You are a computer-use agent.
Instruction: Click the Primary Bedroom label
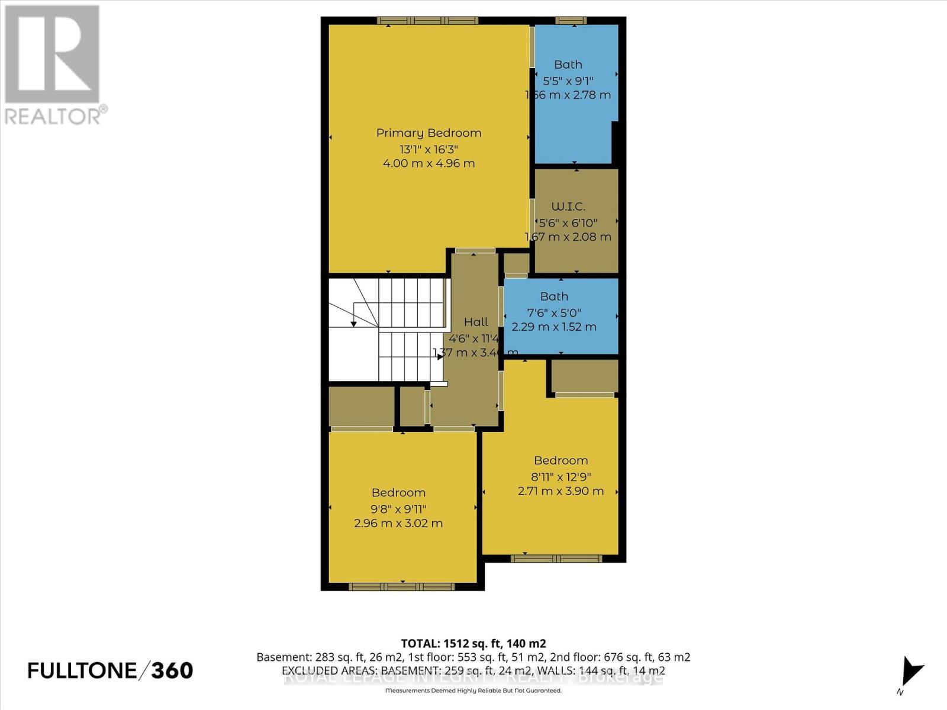429,133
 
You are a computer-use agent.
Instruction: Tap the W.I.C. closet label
568,206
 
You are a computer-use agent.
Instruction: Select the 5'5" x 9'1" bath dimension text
568,80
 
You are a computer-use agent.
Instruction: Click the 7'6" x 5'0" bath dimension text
554,312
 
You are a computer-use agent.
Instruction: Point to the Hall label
476,322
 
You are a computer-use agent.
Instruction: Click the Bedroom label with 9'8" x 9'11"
398,493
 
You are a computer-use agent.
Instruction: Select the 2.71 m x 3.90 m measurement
560,491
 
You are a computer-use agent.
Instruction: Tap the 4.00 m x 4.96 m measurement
429,163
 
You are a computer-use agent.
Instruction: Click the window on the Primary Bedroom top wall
427,21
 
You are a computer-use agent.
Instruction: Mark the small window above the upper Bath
571,21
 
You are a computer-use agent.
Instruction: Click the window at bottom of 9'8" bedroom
402,587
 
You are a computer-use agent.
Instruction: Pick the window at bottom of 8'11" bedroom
556,559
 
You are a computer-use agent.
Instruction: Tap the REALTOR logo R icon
52,54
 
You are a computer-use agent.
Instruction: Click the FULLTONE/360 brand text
110,670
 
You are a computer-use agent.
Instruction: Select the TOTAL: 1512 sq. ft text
473,643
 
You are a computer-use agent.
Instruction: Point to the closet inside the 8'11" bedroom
585,376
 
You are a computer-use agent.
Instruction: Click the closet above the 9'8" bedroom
362,406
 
